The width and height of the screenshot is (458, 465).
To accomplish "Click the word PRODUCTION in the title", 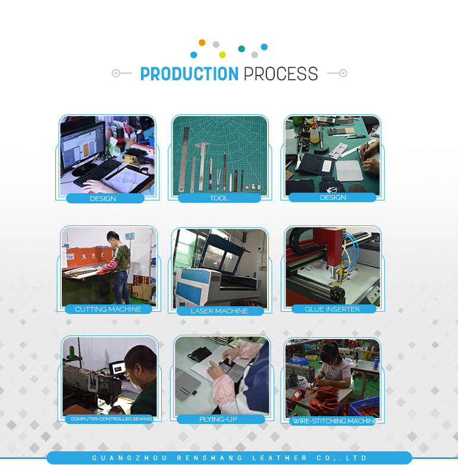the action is (189, 74).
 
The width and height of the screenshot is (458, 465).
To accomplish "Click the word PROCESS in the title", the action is (281, 74).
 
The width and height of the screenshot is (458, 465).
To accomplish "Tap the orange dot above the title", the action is (202, 42).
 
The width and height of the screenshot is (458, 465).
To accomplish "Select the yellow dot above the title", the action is (222, 55).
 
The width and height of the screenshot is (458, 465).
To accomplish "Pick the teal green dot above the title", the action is (241, 49).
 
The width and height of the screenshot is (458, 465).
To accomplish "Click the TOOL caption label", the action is (219, 198).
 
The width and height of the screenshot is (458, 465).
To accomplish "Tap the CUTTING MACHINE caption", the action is (108, 309).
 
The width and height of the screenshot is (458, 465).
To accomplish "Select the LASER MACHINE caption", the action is (219, 311).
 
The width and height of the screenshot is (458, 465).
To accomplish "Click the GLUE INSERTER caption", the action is (332, 309).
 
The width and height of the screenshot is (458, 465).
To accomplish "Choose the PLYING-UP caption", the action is (218, 419).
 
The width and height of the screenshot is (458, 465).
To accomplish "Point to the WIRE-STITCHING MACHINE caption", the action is (334, 421).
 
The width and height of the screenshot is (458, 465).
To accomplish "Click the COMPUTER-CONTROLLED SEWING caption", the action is (111, 419).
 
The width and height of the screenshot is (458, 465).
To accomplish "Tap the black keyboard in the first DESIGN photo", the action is (97, 172).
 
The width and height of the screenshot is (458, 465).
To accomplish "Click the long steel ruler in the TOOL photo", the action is (183, 159).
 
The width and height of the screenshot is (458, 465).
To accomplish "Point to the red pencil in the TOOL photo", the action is (225, 171).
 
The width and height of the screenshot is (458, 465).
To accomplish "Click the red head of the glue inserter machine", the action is (331, 247).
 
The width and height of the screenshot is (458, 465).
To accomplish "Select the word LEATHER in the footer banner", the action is (280, 458).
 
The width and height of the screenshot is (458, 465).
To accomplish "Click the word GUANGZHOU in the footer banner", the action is (129, 458).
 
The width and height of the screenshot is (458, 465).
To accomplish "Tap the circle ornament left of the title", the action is (115, 73).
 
